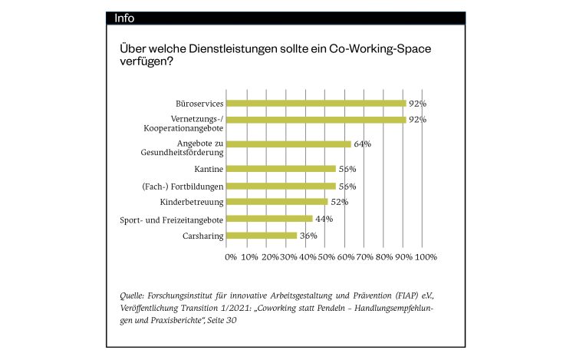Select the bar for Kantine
pos(282,169)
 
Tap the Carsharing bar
pos(262,236)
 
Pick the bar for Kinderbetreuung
pos(278,202)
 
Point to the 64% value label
pos(362,144)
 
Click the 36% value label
pos(308,236)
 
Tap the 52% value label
pos(339,202)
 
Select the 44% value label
pos(324,219)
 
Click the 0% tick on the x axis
pos(231,257)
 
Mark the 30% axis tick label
pos(289,257)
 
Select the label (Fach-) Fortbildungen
pos(182,186)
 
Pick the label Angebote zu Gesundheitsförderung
pos(182,147)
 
